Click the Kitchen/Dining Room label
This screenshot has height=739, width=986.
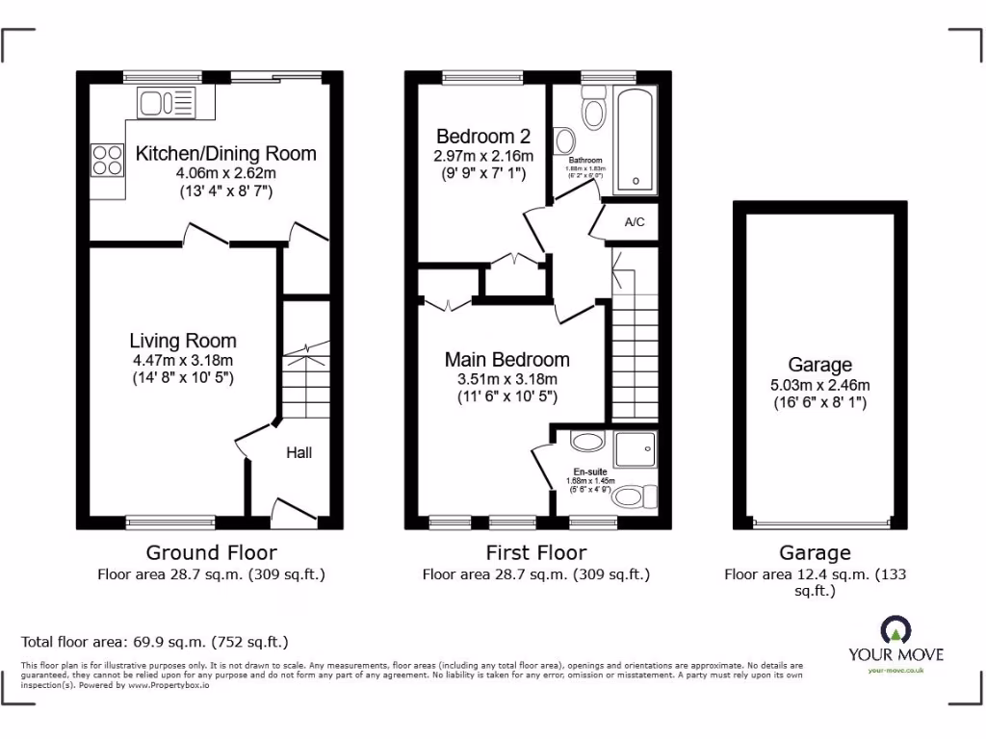point(225,153)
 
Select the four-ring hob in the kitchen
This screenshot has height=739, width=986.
point(107,159)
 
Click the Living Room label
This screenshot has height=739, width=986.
point(183,341)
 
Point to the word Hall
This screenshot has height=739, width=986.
point(298,452)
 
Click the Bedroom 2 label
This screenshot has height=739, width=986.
point(482,137)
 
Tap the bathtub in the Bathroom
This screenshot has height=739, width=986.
point(636,139)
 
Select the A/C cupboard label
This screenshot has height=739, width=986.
point(635,222)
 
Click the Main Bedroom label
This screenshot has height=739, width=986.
point(506,360)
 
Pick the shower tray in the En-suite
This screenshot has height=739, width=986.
point(636,448)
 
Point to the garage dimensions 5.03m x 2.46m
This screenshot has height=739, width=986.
point(819,385)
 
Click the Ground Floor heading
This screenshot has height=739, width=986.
point(211,552)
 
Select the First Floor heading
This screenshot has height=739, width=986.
point(536,552)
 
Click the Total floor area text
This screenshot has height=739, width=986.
point(154,642)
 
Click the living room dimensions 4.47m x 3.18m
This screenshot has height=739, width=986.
point(183,361)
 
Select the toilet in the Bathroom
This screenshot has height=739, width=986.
point(593,113)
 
